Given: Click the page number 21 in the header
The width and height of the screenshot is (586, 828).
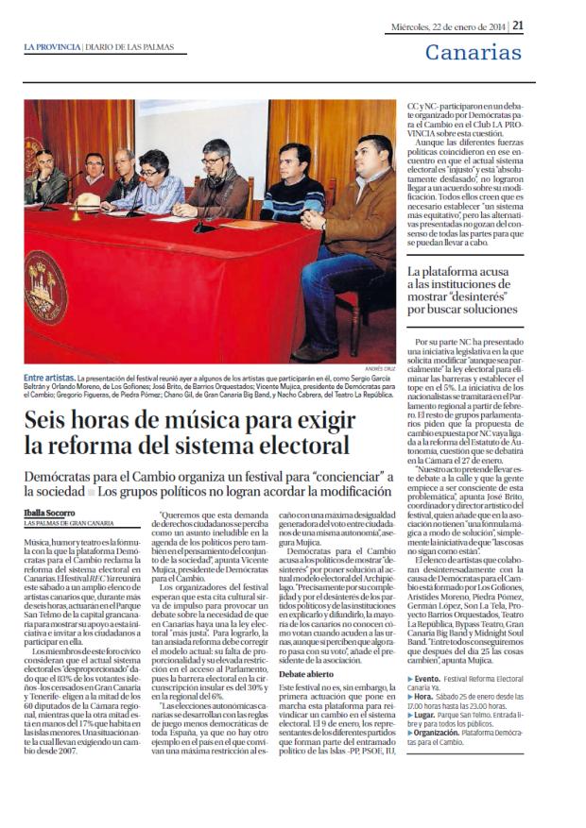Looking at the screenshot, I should coord(518,25).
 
